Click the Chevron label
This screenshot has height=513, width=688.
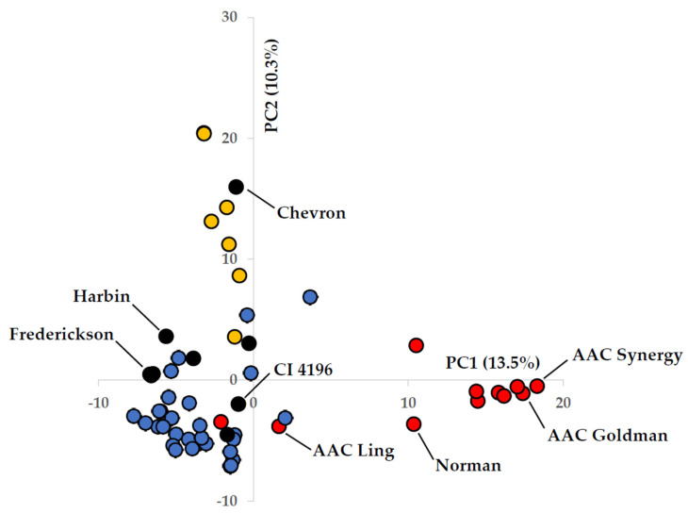click(311, 212)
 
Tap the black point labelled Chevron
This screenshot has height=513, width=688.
click(237, 187)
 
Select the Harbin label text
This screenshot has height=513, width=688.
click(102, 296)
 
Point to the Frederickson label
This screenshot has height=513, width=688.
click(61, 334)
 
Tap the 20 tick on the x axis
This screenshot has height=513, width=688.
click(564, 404)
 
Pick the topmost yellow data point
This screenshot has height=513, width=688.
click(204, 133)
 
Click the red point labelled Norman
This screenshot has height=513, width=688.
click(414, 424)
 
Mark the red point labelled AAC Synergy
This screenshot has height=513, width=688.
click(537, 386)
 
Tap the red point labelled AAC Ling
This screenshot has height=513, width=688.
click(279, 426)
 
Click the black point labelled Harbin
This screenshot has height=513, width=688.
click(166, 336)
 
